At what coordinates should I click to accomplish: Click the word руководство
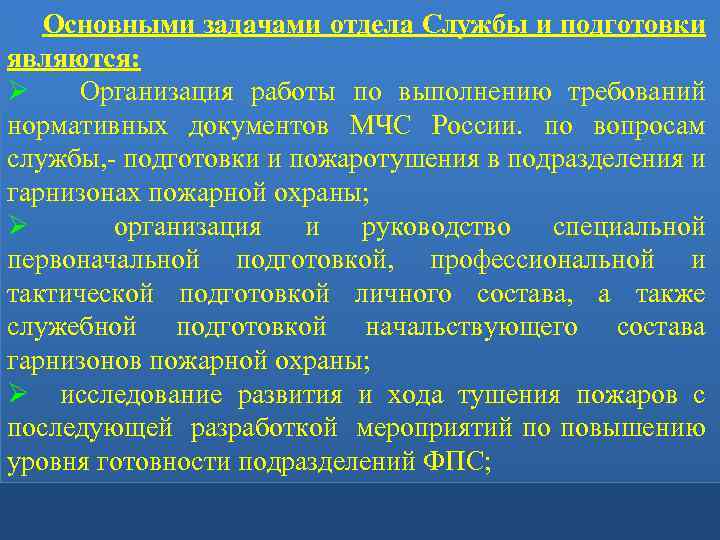coord(435,228)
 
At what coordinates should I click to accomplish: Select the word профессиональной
coord(543,261)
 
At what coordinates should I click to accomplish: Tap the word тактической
coord(80,295)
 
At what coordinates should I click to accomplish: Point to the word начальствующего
coord(472,328)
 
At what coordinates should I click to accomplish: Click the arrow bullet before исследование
coord(16,396)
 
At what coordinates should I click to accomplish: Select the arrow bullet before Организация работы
coord(16,93)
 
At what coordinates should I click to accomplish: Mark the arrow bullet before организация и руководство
coord(16,228)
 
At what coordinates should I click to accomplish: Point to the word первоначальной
coord(101,261)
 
